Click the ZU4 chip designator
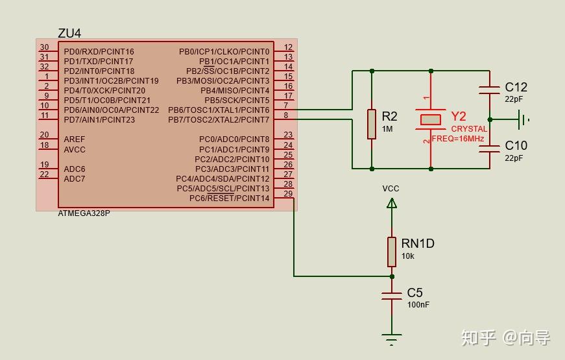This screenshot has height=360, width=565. pyautogui.click(x=69, y=33)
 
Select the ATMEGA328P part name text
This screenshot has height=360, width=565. pyautogui.click(x=84, y=213)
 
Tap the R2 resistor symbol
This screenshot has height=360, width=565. pyautogui.click(x=372, y=124)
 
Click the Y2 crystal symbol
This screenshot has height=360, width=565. pyautogui.click(x=431, y=119)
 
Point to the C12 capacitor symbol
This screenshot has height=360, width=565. pyautogui.click(x=490, y=90)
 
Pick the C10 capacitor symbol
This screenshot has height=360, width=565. pyautogui.click(x=490, y=149)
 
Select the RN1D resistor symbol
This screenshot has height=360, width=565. pyautogui.click(x=392, y=252)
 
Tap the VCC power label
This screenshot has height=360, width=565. pyautogui.click(x=391, y=189)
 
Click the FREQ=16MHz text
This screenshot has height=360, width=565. pyautogui.click(x=458, y=139)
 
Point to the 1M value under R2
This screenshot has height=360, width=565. pyautogui.click(x=387, y=129)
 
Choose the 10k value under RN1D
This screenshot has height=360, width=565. pyautogui.click(x=408, y=256)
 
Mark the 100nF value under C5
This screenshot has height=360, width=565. pyautogui.click(x=418, y=305)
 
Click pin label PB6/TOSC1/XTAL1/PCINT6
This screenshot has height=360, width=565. pyautogui.click(x=219, y=110)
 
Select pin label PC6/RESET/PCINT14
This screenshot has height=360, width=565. pyautogui.click(x=229, y=198)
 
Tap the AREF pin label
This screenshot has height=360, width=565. pyautogui.click(x=75, y=139)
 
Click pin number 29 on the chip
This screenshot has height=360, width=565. pyautogui.click(x=288, y=194)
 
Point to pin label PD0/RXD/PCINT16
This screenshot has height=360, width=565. pyautogui.click(x=99, y=52)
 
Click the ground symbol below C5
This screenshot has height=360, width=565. pyautogui.click(x=392, y=338)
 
